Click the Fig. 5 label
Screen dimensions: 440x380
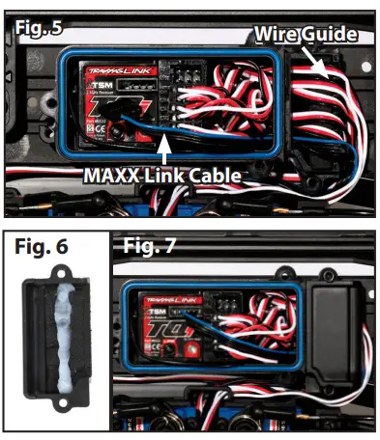coord(38,28)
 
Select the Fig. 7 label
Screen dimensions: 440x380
coord(149,246)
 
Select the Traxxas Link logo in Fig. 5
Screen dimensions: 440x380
coord(108,70)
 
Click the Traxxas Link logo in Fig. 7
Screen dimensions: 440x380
coord(168,300)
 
